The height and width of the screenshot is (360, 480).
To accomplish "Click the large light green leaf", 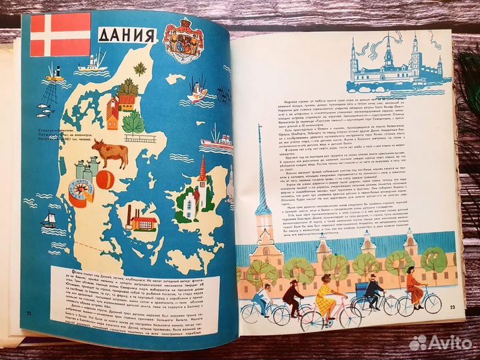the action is click(134, 123).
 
